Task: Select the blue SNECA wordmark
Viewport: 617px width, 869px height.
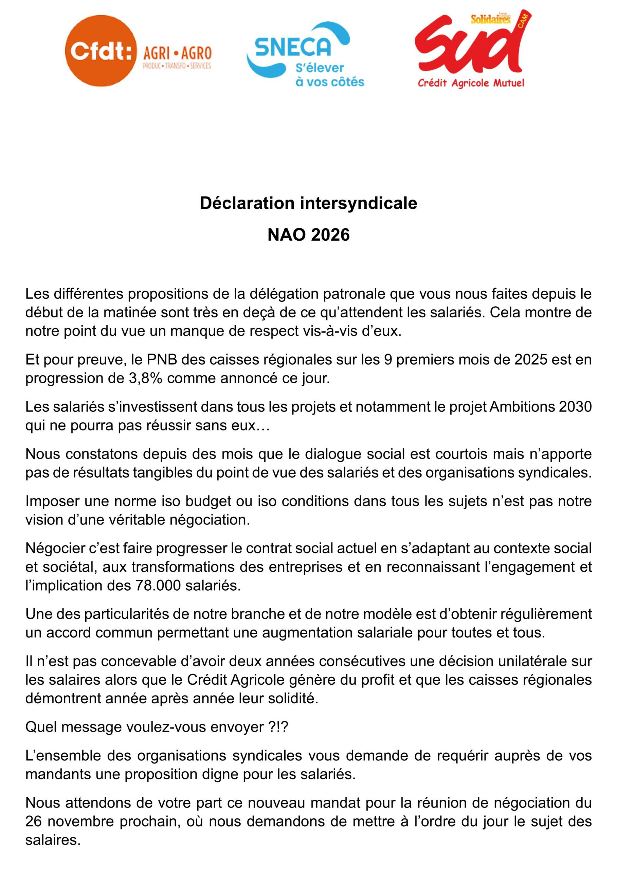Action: point(293,47)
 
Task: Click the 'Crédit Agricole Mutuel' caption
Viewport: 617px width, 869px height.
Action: point(471,83)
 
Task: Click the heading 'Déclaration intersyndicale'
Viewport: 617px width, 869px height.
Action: point(308,203)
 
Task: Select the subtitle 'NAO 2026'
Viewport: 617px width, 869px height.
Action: point(308,235)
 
